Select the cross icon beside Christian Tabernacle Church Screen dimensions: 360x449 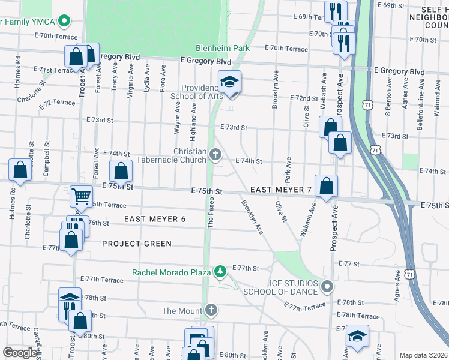pos(215,156)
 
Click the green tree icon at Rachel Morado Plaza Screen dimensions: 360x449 pos(220,272)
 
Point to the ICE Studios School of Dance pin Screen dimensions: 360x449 pos(327,286)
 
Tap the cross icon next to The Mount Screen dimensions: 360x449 pos(210,310)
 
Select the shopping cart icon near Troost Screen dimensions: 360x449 pos(81,196)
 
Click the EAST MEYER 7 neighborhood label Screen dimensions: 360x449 pos(281,190)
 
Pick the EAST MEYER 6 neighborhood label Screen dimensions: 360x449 pos(155,219)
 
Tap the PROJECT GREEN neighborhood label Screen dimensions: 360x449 pos(137,244)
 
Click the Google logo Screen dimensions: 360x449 pos(20,353)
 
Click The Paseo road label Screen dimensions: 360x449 pos(211,213)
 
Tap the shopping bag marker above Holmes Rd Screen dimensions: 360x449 pos(20,169)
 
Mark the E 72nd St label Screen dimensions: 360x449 pos(303,98)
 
